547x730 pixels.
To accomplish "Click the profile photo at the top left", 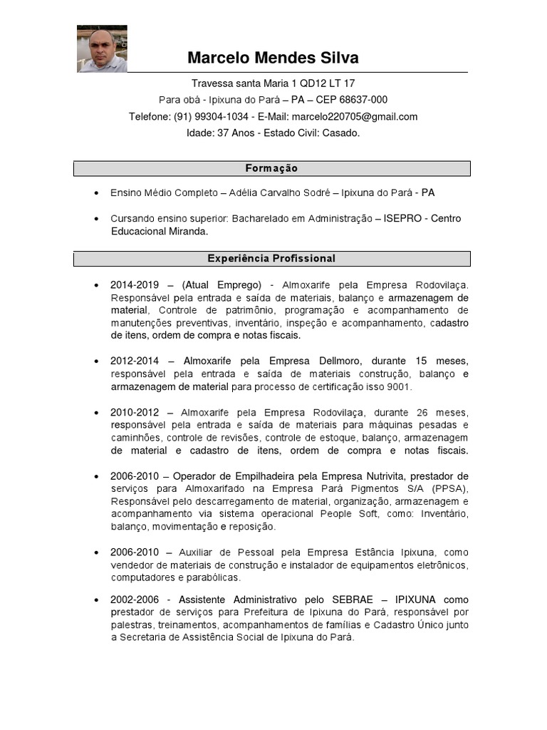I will [102, 49].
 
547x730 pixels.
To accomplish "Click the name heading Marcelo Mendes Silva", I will [273, 58].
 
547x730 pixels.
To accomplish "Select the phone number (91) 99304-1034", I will [211, 116].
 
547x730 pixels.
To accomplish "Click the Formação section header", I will [271, 168].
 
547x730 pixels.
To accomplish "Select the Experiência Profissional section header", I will [271, 258].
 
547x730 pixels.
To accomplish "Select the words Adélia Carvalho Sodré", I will [281, 192].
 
